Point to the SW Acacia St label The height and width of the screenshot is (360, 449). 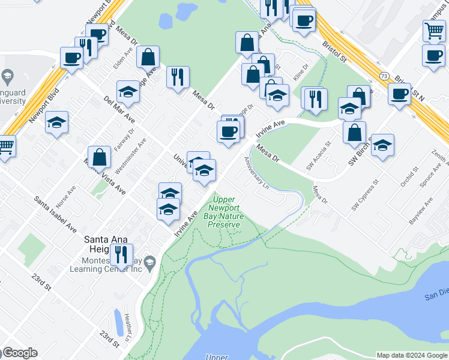(x=319, y=156)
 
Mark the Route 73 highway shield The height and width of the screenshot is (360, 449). (x=384, y=76)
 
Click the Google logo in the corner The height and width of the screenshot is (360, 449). (x=19, y=353)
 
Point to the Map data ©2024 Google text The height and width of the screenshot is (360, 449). (x=412, y=355)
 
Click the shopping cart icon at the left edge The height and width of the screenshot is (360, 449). (x=5, y=145)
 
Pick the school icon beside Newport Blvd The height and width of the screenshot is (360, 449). (x=56, y=123)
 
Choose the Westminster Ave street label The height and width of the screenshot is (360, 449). (x=131, y=156)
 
